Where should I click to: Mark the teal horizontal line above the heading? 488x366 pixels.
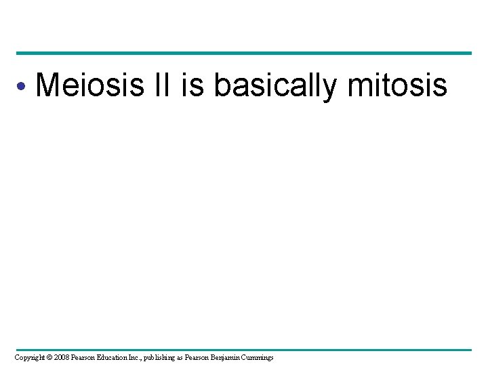point(244,53)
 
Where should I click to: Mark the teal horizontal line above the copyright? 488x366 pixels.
point(244,350)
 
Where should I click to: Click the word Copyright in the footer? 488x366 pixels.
point(31,357)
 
